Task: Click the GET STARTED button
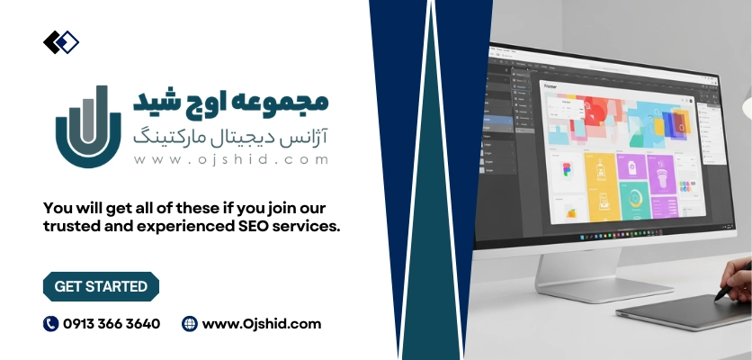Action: tap(101, 287)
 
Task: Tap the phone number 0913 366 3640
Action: tap(112, 324)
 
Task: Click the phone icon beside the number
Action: tap(50, 324)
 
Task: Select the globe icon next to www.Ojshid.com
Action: tap(189, 324)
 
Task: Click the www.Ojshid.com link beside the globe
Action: tap(262, 324)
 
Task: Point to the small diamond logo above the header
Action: tap(60, 41)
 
